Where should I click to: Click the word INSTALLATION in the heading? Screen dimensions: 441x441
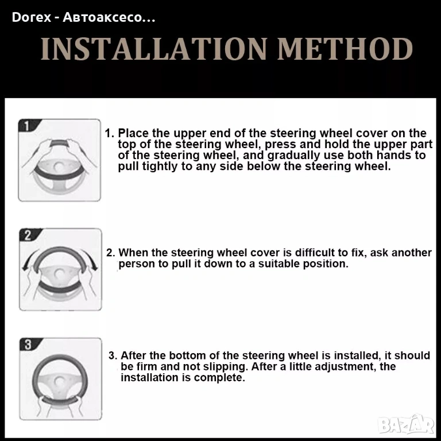coord(154,49)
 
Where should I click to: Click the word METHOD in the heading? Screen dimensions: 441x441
coord(345,49)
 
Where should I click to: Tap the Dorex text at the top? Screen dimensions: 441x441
coord(32,17)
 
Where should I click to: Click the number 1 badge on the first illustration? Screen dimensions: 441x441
coord(27,125)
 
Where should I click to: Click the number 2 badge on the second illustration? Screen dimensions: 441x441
coord(28,235)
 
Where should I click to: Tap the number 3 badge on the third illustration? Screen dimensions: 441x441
coord(28,345)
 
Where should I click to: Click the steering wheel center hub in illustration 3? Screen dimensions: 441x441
coord(59,382)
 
